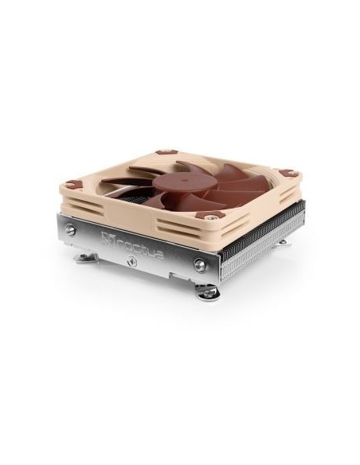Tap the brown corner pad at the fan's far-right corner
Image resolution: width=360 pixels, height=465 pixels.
[x=285, y=174]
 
